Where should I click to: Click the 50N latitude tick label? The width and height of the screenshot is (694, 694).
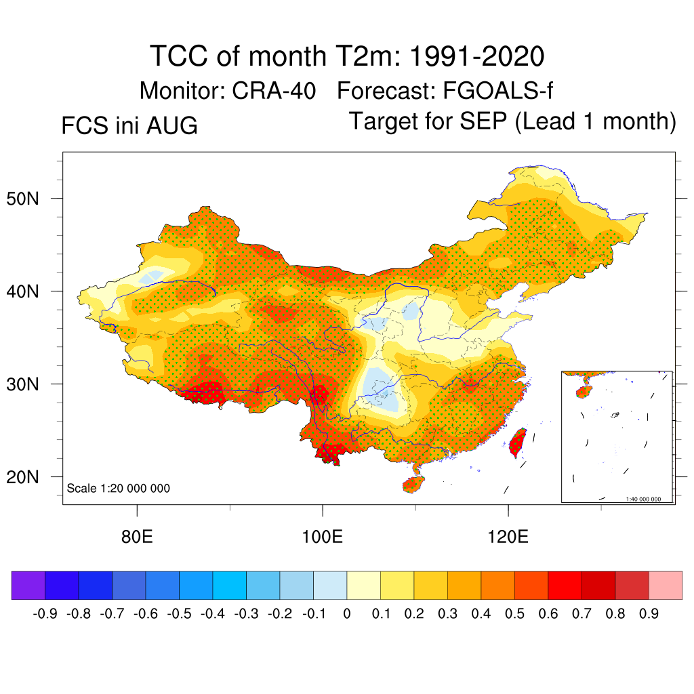22,199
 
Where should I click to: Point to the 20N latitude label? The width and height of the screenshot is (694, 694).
22,477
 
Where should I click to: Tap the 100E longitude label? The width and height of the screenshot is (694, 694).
322,537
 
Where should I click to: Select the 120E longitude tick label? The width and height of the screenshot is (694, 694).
508,537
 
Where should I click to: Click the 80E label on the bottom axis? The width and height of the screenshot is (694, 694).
137,537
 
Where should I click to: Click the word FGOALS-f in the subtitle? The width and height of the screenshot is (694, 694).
497,91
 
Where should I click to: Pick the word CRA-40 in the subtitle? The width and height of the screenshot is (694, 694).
274,91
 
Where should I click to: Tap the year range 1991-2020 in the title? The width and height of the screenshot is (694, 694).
476,56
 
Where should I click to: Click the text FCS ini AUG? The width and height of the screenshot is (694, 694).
129,125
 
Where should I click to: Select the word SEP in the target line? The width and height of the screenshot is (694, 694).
483,121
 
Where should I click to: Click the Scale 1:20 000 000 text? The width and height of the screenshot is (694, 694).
118,488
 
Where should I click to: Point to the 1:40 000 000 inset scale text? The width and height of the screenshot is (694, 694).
643,499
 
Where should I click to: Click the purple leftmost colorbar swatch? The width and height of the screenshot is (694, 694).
28,585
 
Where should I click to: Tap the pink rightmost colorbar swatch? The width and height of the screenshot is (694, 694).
666,585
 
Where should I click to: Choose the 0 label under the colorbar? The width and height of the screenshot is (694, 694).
347,613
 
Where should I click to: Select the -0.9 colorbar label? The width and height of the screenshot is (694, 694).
45,613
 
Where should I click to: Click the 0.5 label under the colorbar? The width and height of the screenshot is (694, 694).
514,613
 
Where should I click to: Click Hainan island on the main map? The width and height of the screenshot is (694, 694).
413,484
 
